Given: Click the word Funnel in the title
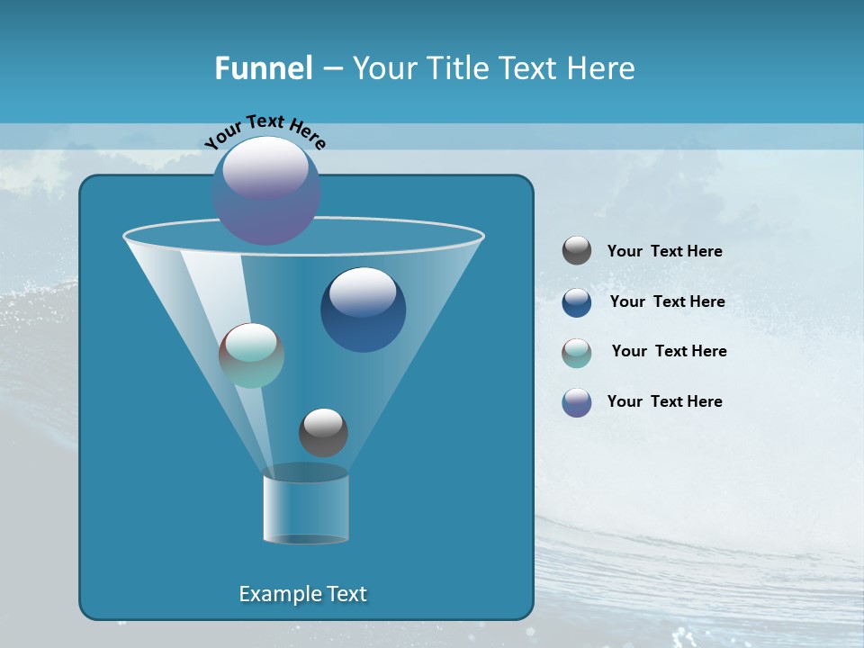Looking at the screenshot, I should [264, 68].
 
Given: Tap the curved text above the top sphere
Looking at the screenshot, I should [265, 131].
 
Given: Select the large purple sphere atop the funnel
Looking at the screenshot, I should [266, 190].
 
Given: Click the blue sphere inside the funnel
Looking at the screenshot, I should [364, 310].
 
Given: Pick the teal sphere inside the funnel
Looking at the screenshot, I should [251, 355].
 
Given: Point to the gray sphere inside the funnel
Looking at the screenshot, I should [323, 432].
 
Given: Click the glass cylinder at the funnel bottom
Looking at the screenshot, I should [305, 507].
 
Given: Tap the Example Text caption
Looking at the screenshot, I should [303, 594].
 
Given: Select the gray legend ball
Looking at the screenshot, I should [577, 251].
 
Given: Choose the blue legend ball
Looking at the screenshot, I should [577, 302].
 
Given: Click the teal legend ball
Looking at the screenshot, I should [577, 352].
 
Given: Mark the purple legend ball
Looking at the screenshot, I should [577, 402].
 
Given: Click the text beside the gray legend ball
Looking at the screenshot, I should [664, 252].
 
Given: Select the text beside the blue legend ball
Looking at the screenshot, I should [667, 302].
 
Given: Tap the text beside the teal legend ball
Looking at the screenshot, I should [669, 352].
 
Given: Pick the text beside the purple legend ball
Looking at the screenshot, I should [664, 402].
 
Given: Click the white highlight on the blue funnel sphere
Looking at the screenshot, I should [363, 291].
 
